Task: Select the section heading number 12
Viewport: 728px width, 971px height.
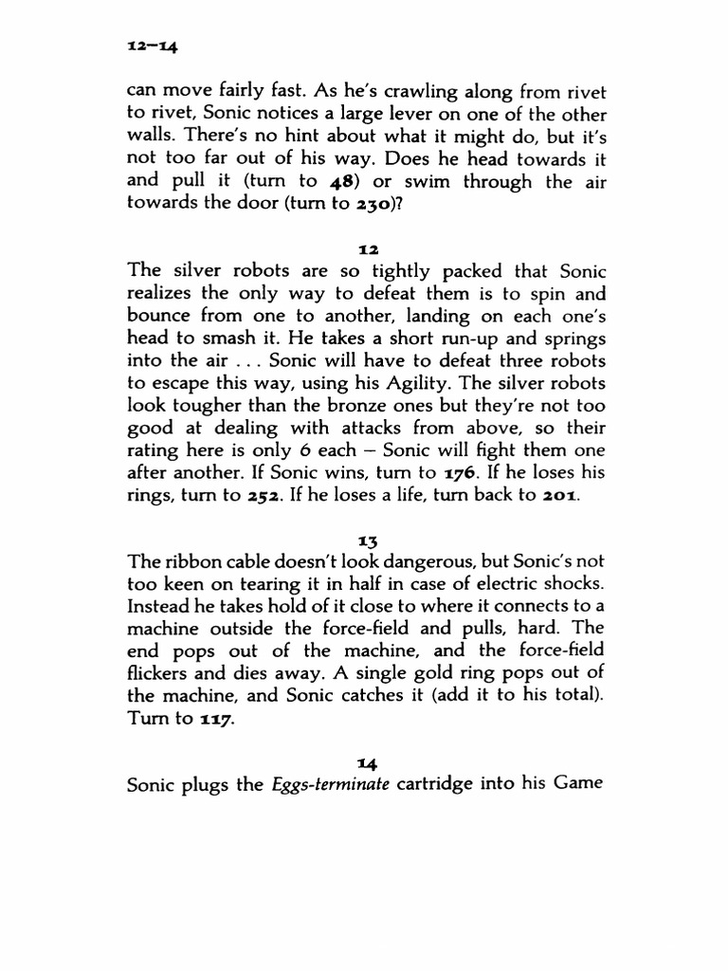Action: pyautogui.click(x=368, y=248)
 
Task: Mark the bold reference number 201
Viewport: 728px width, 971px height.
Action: pyautogui.click(x=554, y=495)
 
